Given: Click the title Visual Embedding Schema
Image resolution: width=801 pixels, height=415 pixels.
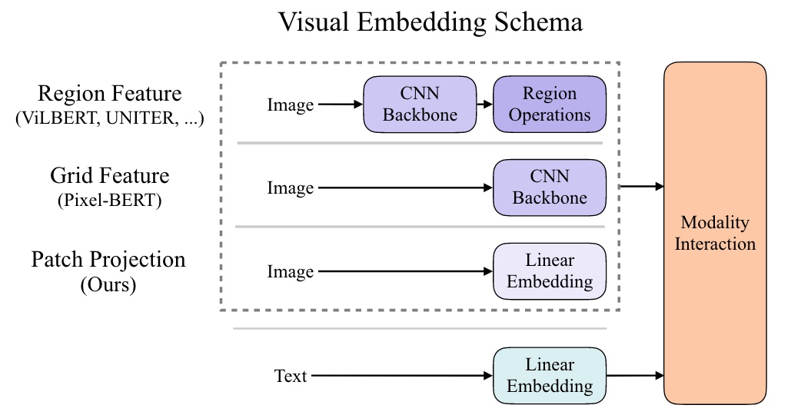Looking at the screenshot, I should tap(430, 22).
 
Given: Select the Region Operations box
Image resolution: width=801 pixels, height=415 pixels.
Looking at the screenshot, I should tap(549, 105).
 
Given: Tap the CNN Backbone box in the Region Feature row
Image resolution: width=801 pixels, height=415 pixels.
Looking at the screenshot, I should tap(420, 105).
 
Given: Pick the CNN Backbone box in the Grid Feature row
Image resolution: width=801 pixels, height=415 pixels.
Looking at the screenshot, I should tap(549, 188).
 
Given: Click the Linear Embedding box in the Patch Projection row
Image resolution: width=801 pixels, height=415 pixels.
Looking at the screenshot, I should tap(549, 271).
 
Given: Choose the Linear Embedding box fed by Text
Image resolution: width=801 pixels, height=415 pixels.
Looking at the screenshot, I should tap(549, 375).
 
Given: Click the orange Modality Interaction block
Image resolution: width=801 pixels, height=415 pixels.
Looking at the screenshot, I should tap(715, 234).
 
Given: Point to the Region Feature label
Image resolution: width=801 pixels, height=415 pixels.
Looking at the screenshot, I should tap(109, 94).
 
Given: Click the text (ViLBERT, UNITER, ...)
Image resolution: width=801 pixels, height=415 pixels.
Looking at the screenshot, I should tap(109, 120).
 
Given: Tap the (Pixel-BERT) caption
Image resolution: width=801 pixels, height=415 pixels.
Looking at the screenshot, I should tap(109, 203).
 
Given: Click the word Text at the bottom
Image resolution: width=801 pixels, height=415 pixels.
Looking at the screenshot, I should tap(291, 376).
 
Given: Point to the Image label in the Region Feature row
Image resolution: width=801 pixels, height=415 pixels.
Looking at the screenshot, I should tap(290, 105).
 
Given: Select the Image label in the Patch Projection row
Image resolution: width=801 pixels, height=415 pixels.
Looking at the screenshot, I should tap(290, 272).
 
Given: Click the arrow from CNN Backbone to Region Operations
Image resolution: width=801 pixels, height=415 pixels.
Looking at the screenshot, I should tap(484, 105).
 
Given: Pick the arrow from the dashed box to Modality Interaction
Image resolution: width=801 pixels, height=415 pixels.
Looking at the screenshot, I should tap(641, 186).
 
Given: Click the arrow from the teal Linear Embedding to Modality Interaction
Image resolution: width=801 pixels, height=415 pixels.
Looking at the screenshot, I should tap(635, 376).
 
